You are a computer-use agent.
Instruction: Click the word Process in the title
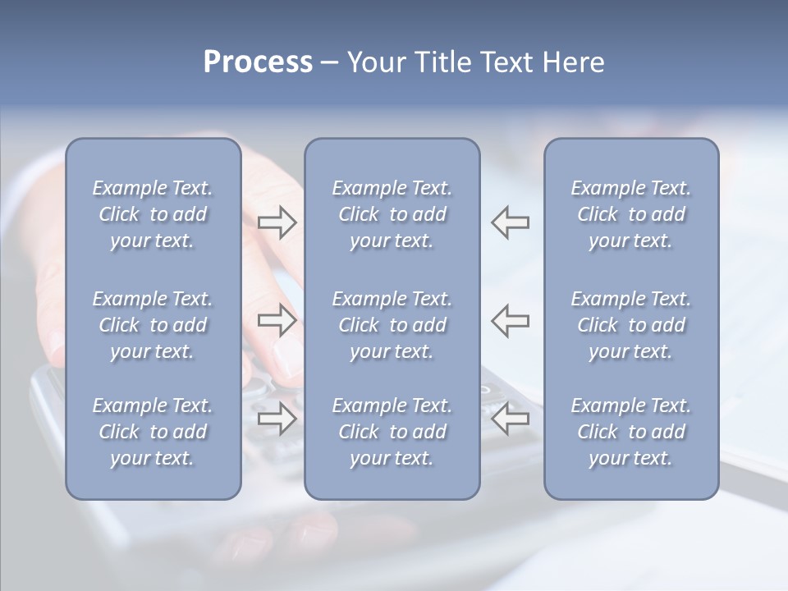[x=258, y=62]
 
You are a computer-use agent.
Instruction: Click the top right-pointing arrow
[x=277, y=222]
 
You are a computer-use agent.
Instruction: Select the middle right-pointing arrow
[x=277, y=321]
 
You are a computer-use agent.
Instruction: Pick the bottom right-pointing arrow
[x=277, y=419]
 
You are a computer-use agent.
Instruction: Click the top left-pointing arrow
[x=511, y=222]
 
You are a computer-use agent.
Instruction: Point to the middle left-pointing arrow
[x=511, y=321]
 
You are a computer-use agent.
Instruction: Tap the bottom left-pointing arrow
[x=511, y=419]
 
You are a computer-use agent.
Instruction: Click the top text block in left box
[x=153, y=214]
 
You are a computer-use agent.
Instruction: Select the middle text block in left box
[x=153, y=325]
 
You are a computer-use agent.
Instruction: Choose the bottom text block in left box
[x=153, y=432]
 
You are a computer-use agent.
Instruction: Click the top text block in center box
[x=392, y=214]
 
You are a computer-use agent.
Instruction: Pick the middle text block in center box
[x=392, y=325]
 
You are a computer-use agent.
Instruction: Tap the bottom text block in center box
[x=392, y=432]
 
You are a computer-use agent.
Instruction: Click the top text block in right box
[x=630, y=214]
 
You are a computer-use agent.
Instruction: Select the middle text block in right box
[x=630, y=325]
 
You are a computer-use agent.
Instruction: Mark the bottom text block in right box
[x=630, y=432]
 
